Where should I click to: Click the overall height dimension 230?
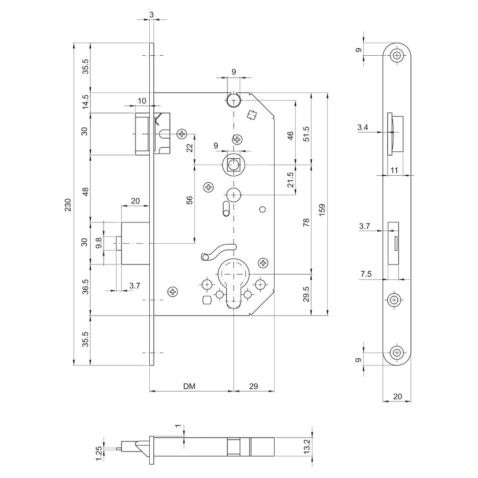pyautogui.click(x=67, y=204)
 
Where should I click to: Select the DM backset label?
pyautogui.click(x=189, y=386)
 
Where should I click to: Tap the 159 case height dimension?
pyautogui.click(x=322, y=210)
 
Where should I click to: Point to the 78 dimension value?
pyautogui.click(x=306, y=222)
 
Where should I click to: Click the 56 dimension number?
pyautogui.click(x=190, y=200)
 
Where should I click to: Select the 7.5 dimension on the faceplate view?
pyautogui.click(x=366, y=274)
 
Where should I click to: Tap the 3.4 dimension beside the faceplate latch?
pyautogui.click(x=363, y=127)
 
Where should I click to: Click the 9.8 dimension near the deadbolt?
pyautogui.click(x=98, y=243)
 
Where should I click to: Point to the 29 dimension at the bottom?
pyautogui.click(x=253, y=386)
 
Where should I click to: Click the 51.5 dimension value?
pyautogui.click(x=306, y=134)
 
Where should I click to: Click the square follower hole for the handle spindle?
pyautogui.click(x=234, y=165)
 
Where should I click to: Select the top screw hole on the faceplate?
pyautogui.click(x=397, y=56)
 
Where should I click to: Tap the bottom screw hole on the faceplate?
pyautogui.click(x=397, y=353)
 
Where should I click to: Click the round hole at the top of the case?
pyautogui.click(x=234, y=100)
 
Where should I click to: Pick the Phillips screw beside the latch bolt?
pyautogui.click(x=182, y=133)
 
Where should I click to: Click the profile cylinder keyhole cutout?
pyautogui.click(x=234, y=283)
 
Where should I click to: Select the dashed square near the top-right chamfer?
pyautogui.click(x=252, y=115)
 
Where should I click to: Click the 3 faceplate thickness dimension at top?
pyautogui.click(x=151, y=14)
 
